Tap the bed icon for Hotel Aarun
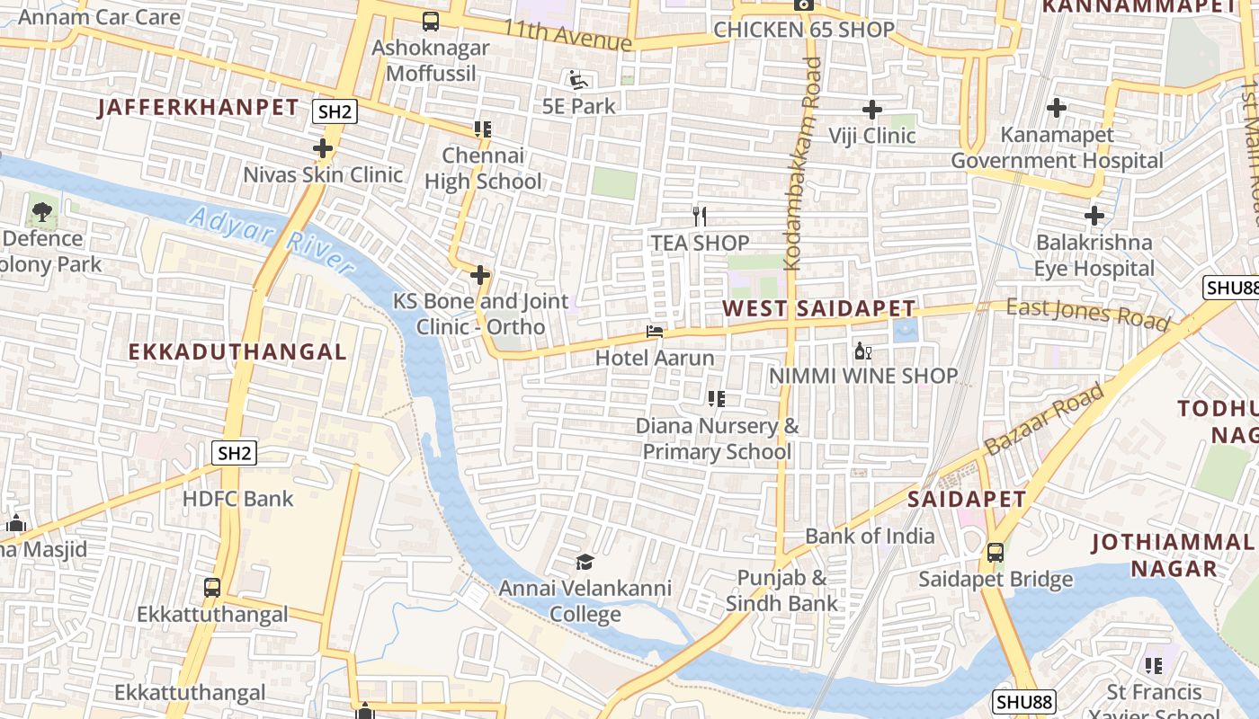point(655,332)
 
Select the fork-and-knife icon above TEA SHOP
point(700,216)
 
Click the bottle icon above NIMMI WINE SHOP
point(862,350)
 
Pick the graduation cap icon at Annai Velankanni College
point(585,563)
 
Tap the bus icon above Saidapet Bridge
point(996,552)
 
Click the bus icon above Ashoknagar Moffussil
point(431,22)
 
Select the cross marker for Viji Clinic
point(871,110)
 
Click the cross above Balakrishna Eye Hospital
point(1094,216)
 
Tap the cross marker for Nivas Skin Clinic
point(323,148)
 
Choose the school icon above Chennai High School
point(483,129)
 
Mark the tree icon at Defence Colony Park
point(41,213)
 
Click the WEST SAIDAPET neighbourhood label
point(818,309)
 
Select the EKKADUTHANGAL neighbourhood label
point(237,352)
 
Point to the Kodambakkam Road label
point(802,164)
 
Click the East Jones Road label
point(1088,314)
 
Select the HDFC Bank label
point(237,499)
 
